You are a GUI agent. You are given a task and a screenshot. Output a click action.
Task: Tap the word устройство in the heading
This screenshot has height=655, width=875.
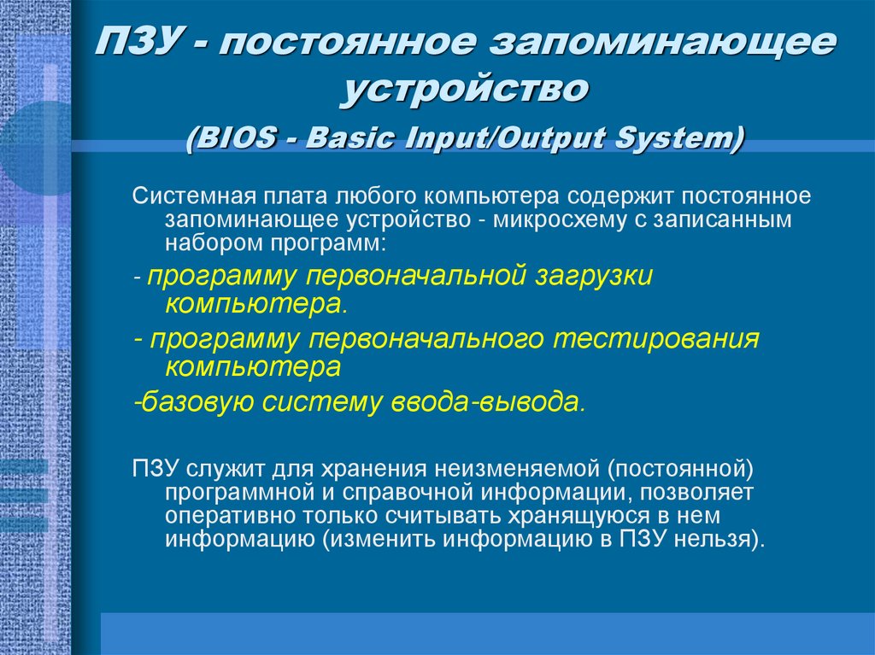[x=465, y=89]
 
